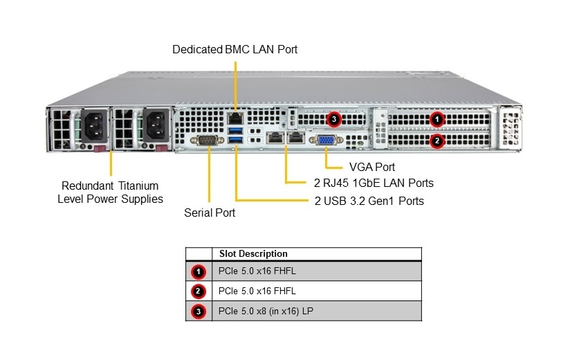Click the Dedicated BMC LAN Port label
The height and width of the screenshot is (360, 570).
click(x=235, y=50)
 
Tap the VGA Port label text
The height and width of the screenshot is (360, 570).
click(x=372, y=167)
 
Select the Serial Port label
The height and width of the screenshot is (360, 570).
click(x=210, y=213)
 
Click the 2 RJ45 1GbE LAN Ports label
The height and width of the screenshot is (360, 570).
click(x=369, y=183)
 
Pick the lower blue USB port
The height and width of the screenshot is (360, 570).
click(x=235, y=142)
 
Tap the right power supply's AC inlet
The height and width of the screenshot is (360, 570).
click(x=154, y=126)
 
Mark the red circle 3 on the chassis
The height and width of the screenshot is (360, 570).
click(x=334, y=120)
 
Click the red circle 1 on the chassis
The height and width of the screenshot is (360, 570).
click(x=436, y=120)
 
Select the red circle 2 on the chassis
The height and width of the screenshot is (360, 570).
click(x=436, y=141)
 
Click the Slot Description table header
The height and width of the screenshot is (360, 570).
click(x=253, y=254)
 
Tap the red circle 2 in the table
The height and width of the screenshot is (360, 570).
click(x=199, y=291)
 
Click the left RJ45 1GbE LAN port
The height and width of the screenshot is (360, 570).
click(x=275, y=138)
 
